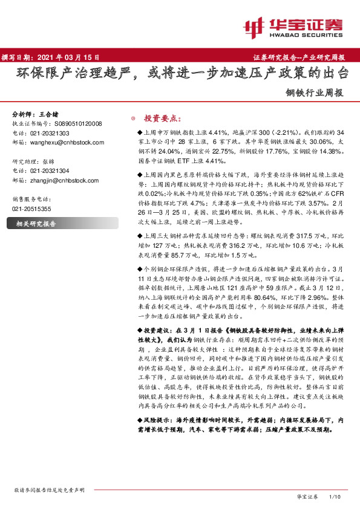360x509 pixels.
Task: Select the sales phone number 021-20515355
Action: point(32,209)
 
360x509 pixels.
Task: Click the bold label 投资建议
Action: point(157,331)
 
